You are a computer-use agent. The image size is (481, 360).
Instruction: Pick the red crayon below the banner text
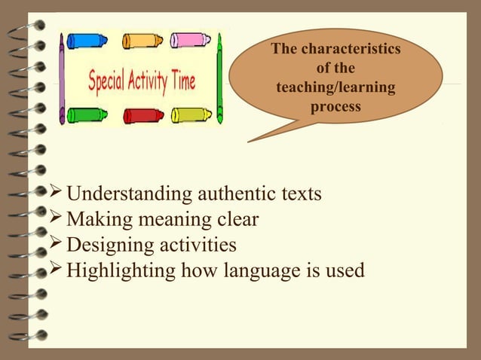(x=143, y=115)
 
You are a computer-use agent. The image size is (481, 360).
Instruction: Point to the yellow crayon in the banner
(x=191, y=115)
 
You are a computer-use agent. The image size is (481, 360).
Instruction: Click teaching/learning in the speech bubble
(x=335, y=89)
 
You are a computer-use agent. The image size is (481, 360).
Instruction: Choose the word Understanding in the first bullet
(x=129, y=194)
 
